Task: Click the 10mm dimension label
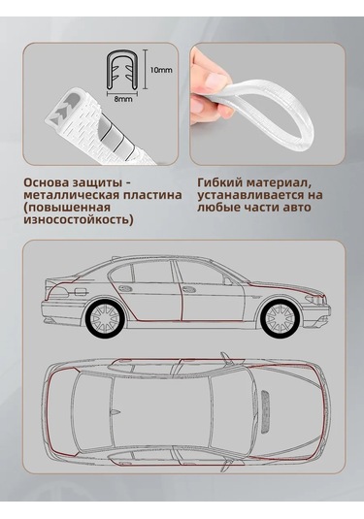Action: tap(161, 70)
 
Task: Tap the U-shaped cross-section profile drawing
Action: tap(122, 70)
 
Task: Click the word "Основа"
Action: tap(45, 182)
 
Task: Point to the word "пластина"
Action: tap(151, 195)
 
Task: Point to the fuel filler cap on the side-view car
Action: tap(81, 292)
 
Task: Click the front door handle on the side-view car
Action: tap(188, 290)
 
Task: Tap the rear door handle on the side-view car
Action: tap(125, 288)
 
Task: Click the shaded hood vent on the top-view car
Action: tap(265, 412)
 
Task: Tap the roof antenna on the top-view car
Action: tap(115, 412)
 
